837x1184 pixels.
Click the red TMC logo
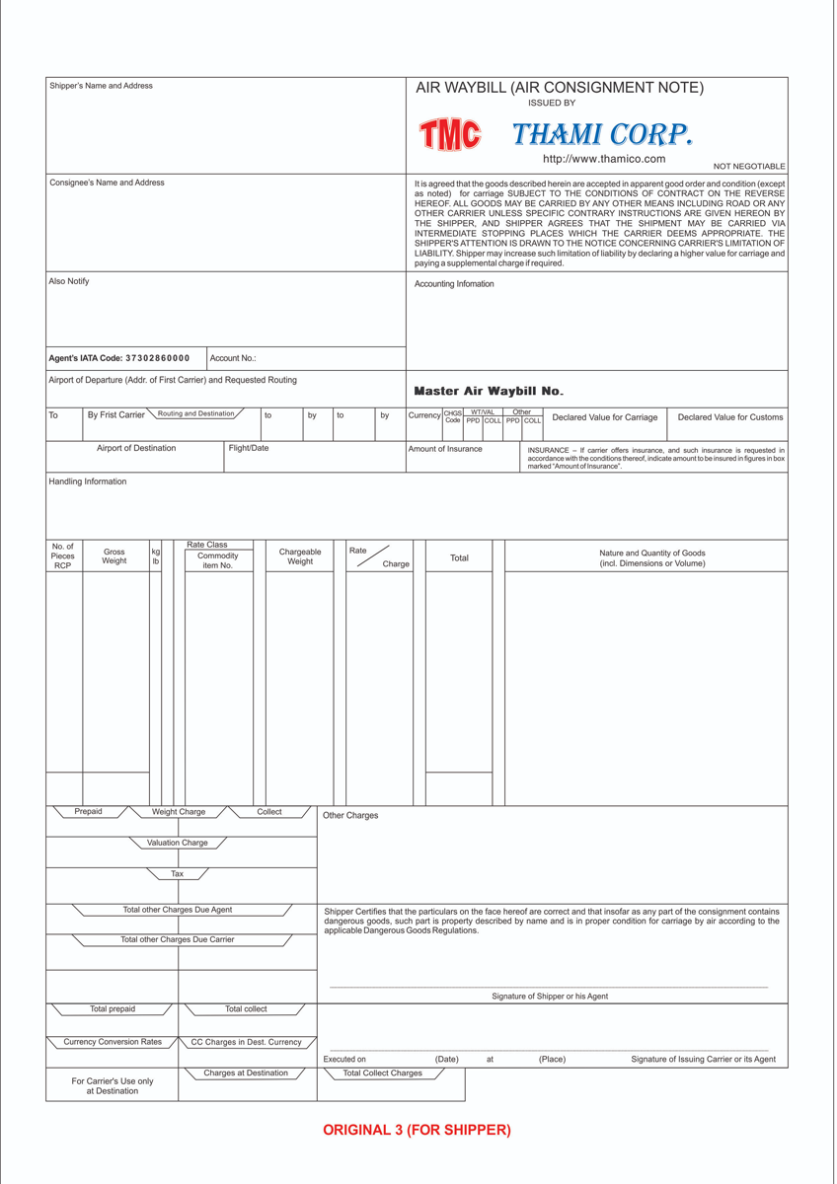(449, 135)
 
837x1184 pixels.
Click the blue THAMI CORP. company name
(602, 134)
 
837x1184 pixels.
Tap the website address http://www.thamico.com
(604, 159)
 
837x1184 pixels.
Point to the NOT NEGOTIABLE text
(749, 167)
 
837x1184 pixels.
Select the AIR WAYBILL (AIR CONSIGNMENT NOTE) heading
(560, 88)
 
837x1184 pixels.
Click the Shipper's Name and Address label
(101, 86)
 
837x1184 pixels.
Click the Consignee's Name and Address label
(107, 183)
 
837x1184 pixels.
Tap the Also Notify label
(69, 281)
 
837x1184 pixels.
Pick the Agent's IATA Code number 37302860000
(157, 358)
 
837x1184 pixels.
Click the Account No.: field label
(233, 358)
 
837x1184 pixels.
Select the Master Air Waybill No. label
(489, 392)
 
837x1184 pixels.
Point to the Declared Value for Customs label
(730, 417)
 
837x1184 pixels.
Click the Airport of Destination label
(136, 448)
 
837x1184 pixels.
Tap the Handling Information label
(88, 481)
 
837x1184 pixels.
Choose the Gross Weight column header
(114, 556)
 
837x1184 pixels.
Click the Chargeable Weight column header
(300, 556)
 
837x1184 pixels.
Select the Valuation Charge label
(178, 843)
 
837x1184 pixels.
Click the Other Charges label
(350, 816)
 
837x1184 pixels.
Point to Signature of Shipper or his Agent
(550, 997)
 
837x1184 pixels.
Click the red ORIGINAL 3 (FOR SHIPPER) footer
(417, 1131)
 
